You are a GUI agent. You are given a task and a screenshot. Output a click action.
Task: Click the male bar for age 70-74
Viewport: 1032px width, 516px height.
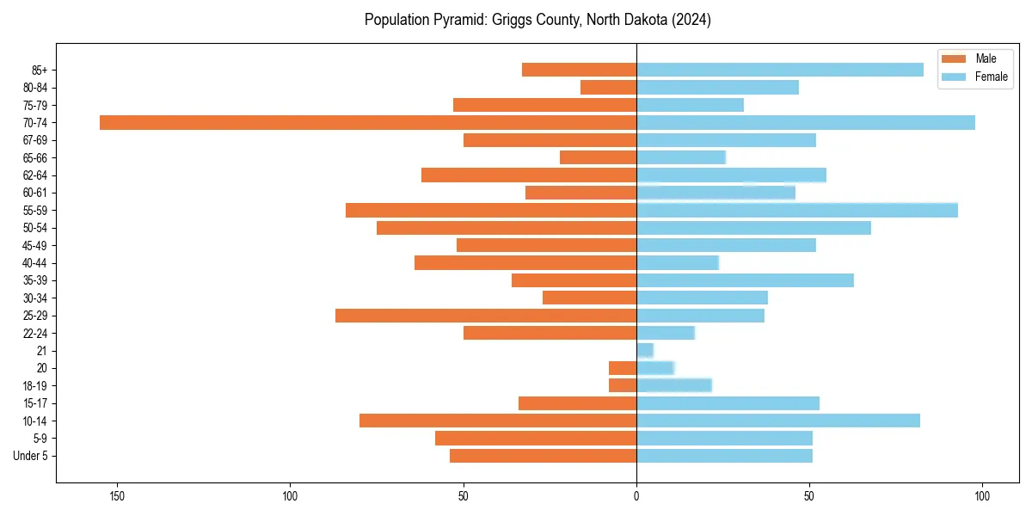pos(368,122)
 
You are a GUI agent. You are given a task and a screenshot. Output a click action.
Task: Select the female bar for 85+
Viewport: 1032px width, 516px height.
pos(780,70)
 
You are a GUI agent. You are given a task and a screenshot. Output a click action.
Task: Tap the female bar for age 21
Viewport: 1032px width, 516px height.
pos(645,350)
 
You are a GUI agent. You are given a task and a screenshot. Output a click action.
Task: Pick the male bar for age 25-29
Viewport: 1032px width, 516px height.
pos(486,316)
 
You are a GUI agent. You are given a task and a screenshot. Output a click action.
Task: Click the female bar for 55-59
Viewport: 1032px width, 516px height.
pos(797,210)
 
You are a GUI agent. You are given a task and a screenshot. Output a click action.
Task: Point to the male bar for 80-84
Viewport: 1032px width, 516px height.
pos(609,87)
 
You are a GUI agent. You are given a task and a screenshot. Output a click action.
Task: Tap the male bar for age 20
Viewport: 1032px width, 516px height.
pos(623,368)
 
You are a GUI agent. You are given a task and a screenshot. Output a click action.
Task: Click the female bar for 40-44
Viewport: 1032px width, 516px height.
pos(678,262)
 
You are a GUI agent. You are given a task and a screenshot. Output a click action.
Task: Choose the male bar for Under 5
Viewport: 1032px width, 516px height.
pos(543,456)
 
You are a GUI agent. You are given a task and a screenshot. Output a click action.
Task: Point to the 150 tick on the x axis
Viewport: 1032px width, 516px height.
pos(117,496)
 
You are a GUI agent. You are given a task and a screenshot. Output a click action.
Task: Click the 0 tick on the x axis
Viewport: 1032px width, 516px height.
pos(636,496)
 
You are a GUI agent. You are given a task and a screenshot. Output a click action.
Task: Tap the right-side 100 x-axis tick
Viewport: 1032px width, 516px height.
pos(982,496)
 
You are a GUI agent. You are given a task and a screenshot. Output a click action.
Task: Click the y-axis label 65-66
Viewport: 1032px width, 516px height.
pos(35,157)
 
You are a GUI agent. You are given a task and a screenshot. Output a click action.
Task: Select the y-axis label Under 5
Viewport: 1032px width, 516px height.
pos(30,456)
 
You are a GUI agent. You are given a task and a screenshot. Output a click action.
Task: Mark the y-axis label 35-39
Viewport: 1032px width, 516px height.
pos(35,280)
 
